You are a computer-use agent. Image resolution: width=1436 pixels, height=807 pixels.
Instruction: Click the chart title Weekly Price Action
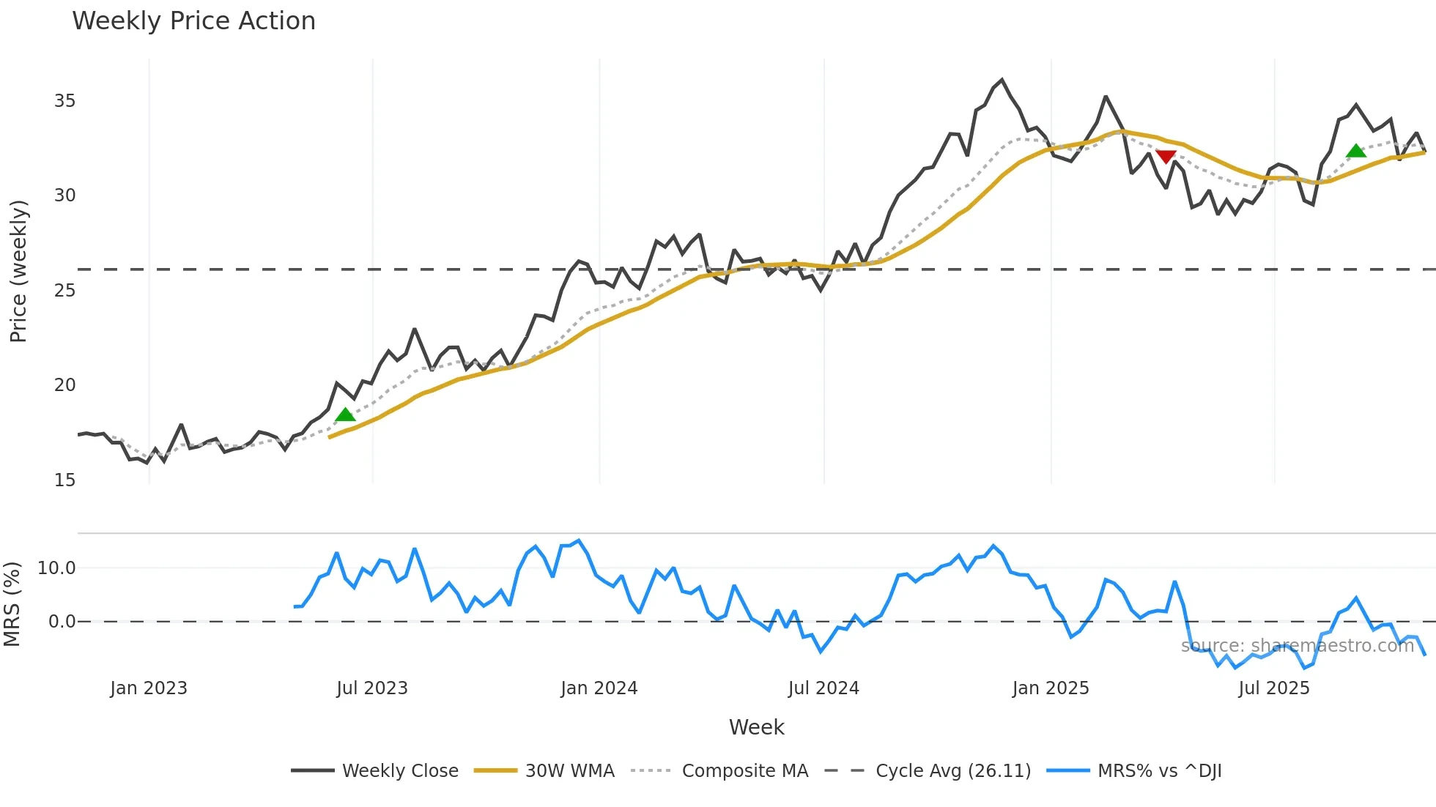click(193, 21)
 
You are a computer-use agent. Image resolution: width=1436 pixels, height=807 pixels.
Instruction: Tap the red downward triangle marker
click(1166, 157)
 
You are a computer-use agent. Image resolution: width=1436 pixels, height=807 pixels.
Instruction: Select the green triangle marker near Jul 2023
click(345, 414)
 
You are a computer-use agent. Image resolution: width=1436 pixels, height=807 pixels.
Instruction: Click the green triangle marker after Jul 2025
click(1356, 151)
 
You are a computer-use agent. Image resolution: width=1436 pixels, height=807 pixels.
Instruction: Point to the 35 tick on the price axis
click(64, 101)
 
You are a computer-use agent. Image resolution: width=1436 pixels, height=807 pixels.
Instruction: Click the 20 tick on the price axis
click(64, 385)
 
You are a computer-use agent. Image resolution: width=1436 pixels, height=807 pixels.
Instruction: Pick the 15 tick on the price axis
click(64, 480)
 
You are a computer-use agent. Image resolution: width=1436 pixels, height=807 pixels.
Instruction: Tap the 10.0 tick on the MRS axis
click(56, 568)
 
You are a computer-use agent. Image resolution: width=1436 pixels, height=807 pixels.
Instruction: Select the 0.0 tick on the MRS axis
click(62, 622)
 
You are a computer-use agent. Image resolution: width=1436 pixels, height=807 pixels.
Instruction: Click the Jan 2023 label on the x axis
click(149, 688)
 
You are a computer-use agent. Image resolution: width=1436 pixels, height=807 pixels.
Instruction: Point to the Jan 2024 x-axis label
click(599, 688)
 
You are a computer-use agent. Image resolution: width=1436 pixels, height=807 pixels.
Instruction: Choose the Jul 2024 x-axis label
click(824, 688)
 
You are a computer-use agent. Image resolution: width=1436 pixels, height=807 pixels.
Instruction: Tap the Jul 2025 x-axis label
click(1274, 688)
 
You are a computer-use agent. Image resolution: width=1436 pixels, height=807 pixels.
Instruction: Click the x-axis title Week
click(756, 727)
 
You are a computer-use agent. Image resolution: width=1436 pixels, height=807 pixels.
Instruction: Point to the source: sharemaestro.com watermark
click(1298, 646)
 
